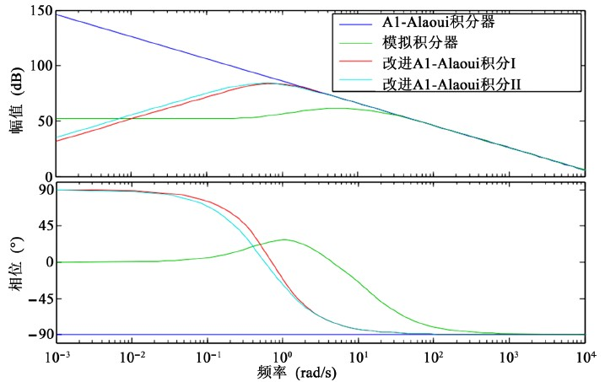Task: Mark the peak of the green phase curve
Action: [285, 239]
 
